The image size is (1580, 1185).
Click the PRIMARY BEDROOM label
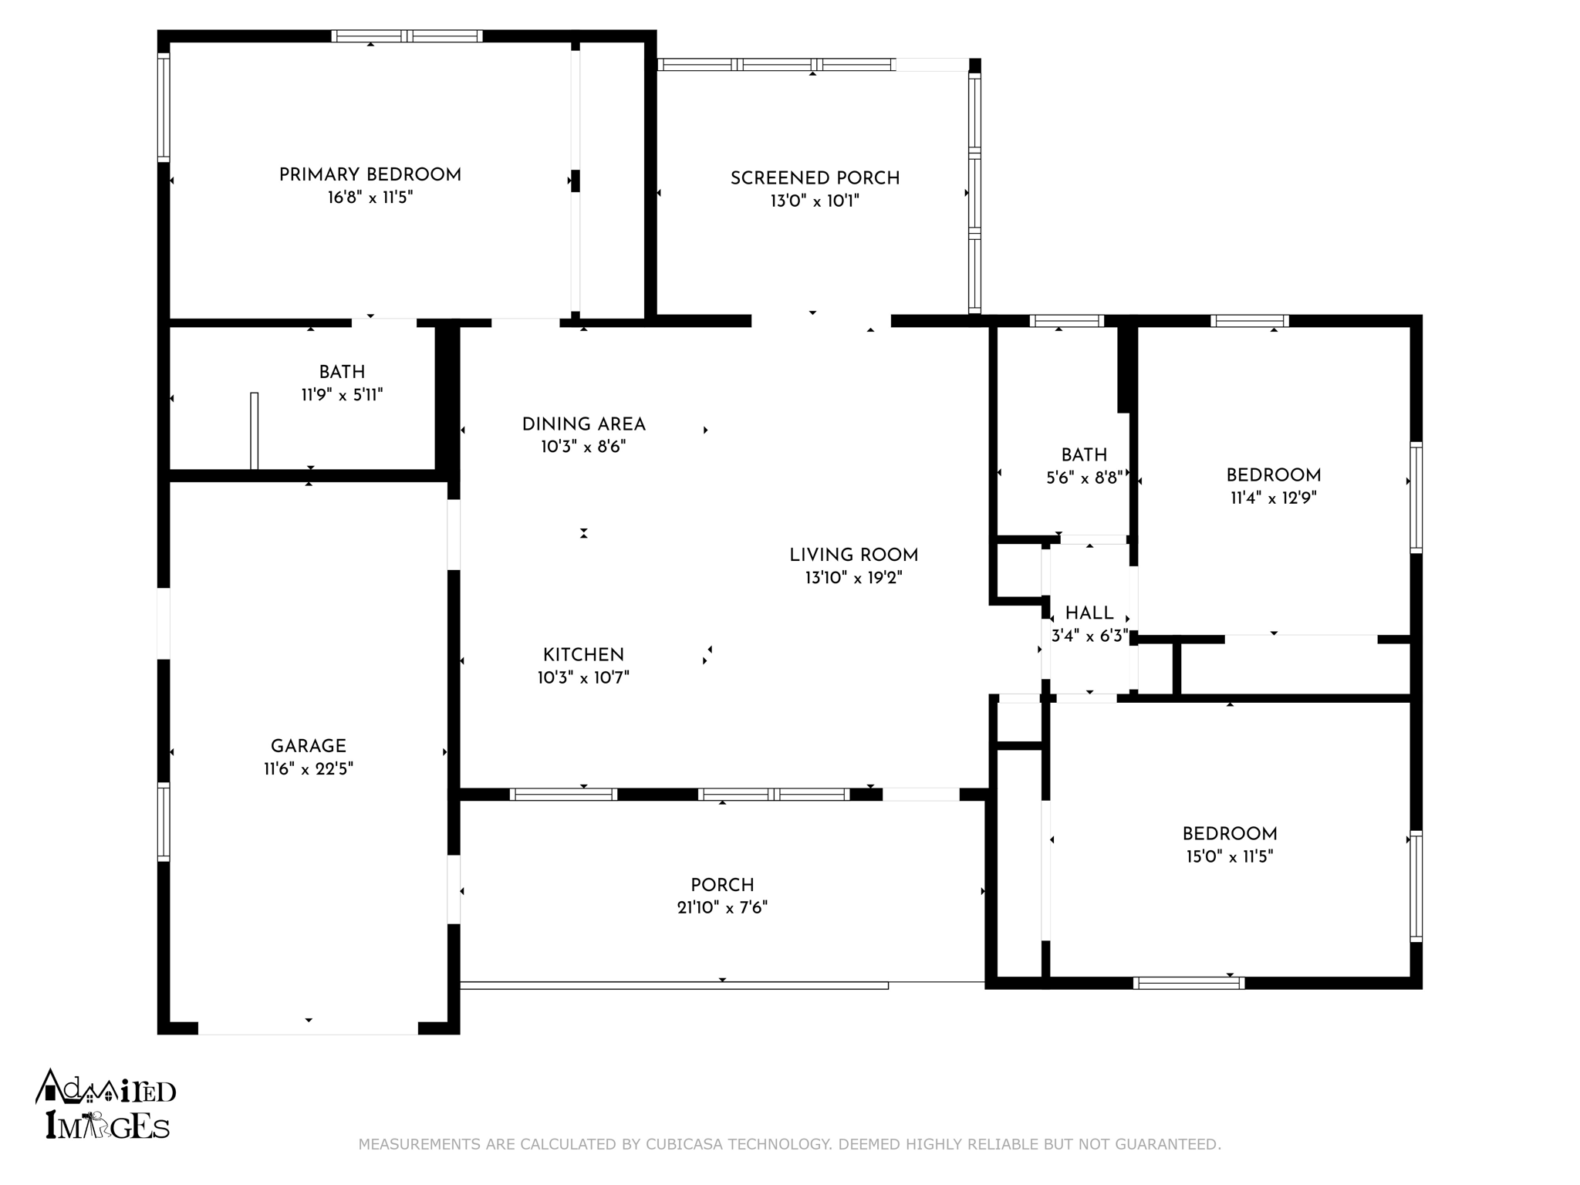pyautogui.click(x=370, y=175)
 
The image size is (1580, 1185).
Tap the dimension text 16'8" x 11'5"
pyautogui.click(x=370, y=197)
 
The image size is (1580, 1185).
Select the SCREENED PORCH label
pyautogui.click(x=815, y=179)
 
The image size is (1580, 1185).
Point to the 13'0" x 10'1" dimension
pyautogui.click(x=815, y=201)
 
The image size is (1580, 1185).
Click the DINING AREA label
pyautogui.click(x=584, y=424)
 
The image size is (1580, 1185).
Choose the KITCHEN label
pyautogui.click(x=583, y=655)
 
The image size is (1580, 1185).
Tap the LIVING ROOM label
pyautogui.click(x=854, y=555)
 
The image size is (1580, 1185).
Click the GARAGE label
pyautogui.click(x=309, y=747)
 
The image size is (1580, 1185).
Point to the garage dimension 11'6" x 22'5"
pyautogui.click(x=309, y=769)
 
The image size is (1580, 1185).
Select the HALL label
pyautogui.click(x=1089, y=613)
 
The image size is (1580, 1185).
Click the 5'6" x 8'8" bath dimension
pyautogui.click(x=1084, y=478)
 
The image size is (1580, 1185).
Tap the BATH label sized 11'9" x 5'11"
pyautogui.click(x=342, y=373)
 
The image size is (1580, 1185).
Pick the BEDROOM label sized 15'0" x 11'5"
pyautogui.click(x=1230, y=834)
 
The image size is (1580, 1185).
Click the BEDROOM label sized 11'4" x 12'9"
pyautogui.click(x=1274, y=476)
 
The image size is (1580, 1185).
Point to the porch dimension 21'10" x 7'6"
pyautogui.click(x=723, y=907)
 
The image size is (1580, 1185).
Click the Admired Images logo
pyautogui.click(x=106, y=1105)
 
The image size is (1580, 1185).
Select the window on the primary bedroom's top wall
pyautogui.click(x=407, y=35)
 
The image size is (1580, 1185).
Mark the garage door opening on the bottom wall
pyautogui.click(x=309, y=1028)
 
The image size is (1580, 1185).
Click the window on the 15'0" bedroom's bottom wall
pyautogui.click(x=1189, y=983)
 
